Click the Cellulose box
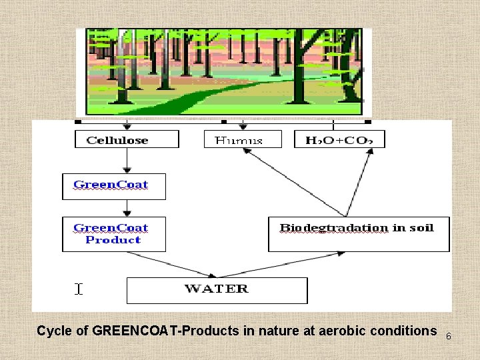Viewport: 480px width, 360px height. (x=127, y=139)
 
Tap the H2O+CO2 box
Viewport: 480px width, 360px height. (x=339, y=139)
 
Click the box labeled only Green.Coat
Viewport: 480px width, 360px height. (x=113, y=186)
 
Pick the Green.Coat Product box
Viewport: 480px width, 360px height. (x=113, y=234)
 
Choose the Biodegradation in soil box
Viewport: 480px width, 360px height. (x=358, y=234)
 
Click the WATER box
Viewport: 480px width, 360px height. (x=217, y=290)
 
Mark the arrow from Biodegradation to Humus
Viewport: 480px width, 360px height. (x=293, y=181)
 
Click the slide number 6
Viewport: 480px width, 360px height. (x=448, y=336)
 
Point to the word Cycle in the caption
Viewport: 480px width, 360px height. (x=51, y=331)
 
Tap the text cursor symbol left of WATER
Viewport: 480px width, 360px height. (x=79, y=289)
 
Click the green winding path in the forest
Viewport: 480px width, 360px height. (x=193, y=97)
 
